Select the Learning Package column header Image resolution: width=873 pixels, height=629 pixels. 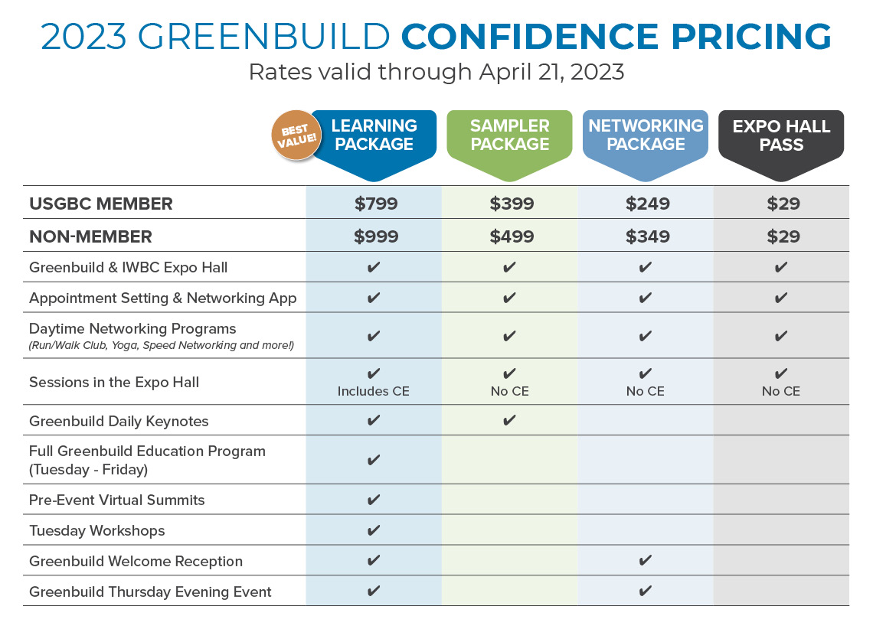(374, 135)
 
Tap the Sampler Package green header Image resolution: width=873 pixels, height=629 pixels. (510, 135)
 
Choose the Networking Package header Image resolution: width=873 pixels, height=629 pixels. (646, 135)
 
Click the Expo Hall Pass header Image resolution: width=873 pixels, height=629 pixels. (781, 135)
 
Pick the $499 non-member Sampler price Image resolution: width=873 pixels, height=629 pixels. (512, 236)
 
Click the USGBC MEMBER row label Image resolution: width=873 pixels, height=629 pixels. (101, 204)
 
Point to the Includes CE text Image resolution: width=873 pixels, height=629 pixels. (374, 391)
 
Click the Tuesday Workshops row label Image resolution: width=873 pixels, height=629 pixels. (97, 530)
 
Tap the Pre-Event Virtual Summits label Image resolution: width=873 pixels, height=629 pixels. (117, 500)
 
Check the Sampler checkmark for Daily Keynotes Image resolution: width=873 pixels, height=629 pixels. (510, 420)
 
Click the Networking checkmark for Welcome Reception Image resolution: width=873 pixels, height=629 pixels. (646, 561)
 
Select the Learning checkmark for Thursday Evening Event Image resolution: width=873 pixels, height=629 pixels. (374, 591)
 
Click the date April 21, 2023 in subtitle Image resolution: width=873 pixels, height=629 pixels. (552, 72)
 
